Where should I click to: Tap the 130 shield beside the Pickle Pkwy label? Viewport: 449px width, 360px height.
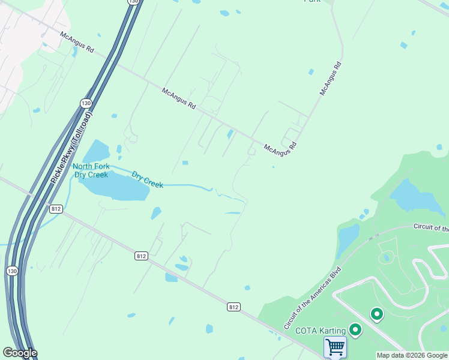point(86,103)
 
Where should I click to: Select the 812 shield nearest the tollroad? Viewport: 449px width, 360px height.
point(56,209)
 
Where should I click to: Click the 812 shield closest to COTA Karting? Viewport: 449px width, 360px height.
point(234,307)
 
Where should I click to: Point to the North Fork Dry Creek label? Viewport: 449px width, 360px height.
point(91,170)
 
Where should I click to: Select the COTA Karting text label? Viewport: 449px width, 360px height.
point(320,331)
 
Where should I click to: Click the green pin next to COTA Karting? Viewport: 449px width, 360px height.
point(355,329)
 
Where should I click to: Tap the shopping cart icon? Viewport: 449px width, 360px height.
point(335,347)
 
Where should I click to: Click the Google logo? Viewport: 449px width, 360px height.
point(19,353)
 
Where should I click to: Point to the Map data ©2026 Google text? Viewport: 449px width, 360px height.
point(411,355)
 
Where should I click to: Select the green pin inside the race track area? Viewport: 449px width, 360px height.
point(377,314)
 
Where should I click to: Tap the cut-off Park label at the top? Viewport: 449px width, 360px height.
point(312,1)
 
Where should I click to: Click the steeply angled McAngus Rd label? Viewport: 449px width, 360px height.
point(331,79)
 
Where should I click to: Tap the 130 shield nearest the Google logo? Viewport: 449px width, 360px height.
point(12,271)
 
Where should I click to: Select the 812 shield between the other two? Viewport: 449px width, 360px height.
point(140,256)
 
